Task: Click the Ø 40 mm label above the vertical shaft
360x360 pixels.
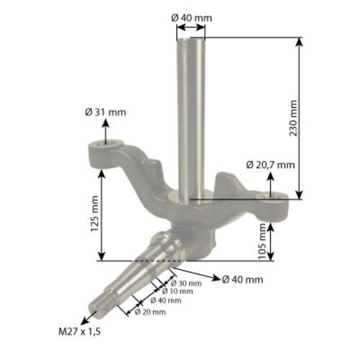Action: (192, 18)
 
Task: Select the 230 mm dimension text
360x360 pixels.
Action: (293, 118)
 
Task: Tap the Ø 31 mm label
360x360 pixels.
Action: (105, 112)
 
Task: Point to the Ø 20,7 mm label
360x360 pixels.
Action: (271, 165)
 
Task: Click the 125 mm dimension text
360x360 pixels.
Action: (94, 214)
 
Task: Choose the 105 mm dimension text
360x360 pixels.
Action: (262, 241)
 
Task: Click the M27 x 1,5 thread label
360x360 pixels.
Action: (79, 332)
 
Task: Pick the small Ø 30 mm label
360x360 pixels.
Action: (186, 284)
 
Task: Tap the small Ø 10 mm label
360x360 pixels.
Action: (177, 292)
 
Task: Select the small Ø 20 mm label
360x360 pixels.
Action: (150, 312)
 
